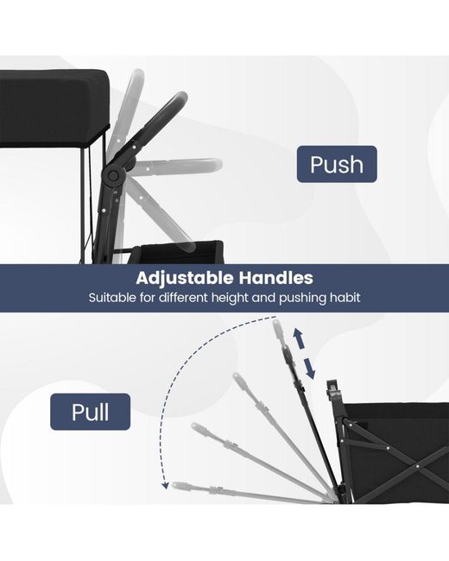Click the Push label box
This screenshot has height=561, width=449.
pos(337,164)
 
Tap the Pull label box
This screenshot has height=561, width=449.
pos(90,412)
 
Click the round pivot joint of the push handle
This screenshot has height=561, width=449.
pos(113,175)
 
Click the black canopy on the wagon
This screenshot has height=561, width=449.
pos(54,108)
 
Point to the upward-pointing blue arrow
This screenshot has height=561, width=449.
pos(299,339)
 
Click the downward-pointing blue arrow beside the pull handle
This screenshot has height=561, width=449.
pos(310,369)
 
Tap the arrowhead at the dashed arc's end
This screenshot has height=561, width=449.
pos(165,486)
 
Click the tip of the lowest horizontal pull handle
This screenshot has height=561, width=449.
pos(174,485)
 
